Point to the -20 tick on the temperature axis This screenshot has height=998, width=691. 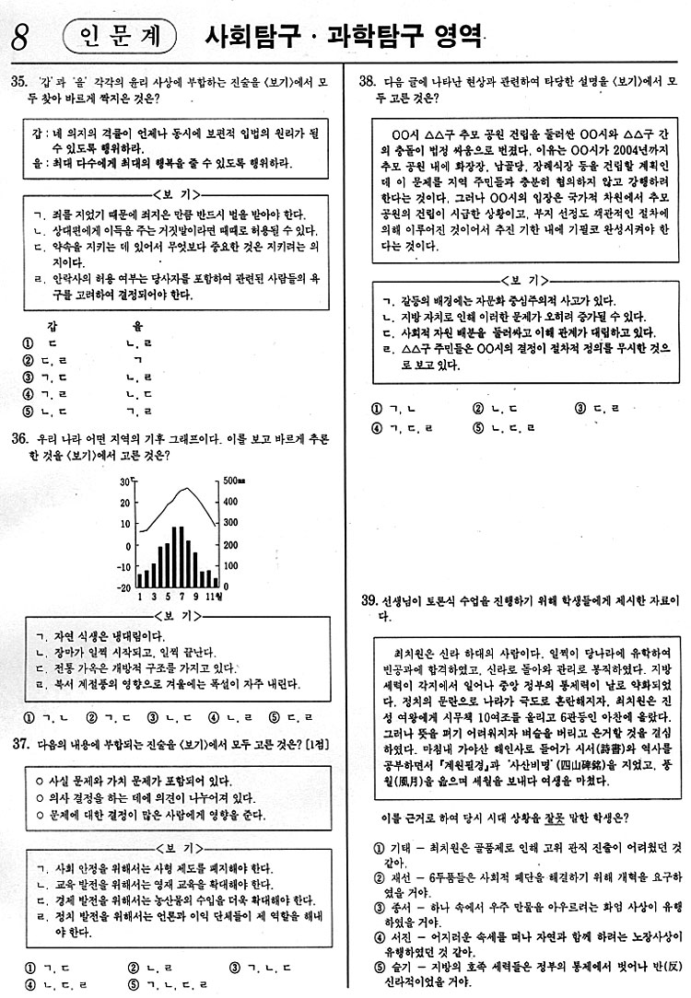click(x=124, y=586)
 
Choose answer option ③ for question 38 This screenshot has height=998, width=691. click(x=580, y=408)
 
